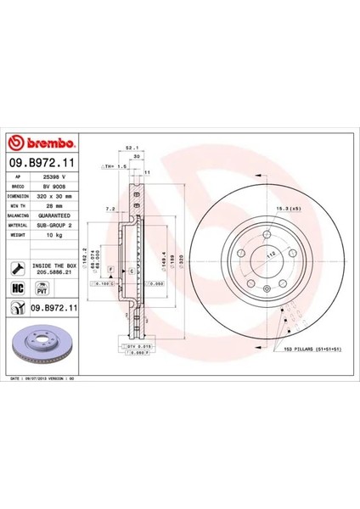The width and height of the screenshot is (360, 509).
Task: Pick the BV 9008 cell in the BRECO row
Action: click(x=60, y=184)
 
